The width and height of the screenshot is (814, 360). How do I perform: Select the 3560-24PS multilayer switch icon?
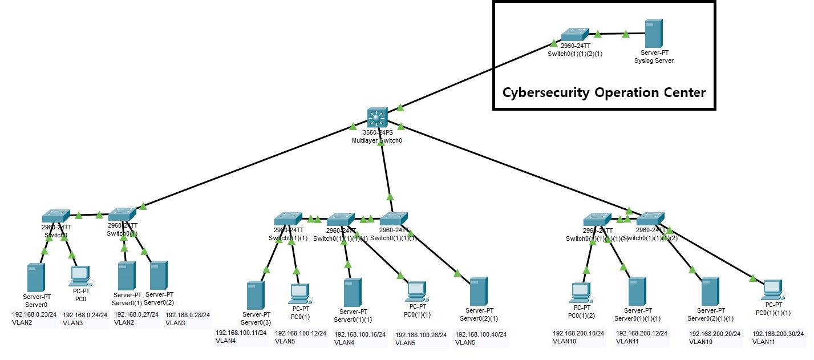(x=376, y=118)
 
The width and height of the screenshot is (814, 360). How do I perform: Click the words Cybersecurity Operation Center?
(x=604, y=92)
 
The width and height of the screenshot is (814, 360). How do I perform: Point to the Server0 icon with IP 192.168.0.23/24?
(x=35, y=277)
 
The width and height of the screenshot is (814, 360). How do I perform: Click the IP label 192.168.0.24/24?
(x=85, y=314)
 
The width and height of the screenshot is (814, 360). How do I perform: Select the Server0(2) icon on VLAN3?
(x=158, y=275)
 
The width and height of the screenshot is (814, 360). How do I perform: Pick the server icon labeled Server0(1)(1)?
(x=353, y=292)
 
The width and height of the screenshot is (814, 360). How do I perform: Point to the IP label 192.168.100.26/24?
(x=420, y=335)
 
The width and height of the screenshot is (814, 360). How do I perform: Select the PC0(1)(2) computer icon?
(x=581, y=293)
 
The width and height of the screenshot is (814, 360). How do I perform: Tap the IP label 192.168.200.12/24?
(x=641, y=333)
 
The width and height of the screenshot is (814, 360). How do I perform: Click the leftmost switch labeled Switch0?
(x=55, y=216)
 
